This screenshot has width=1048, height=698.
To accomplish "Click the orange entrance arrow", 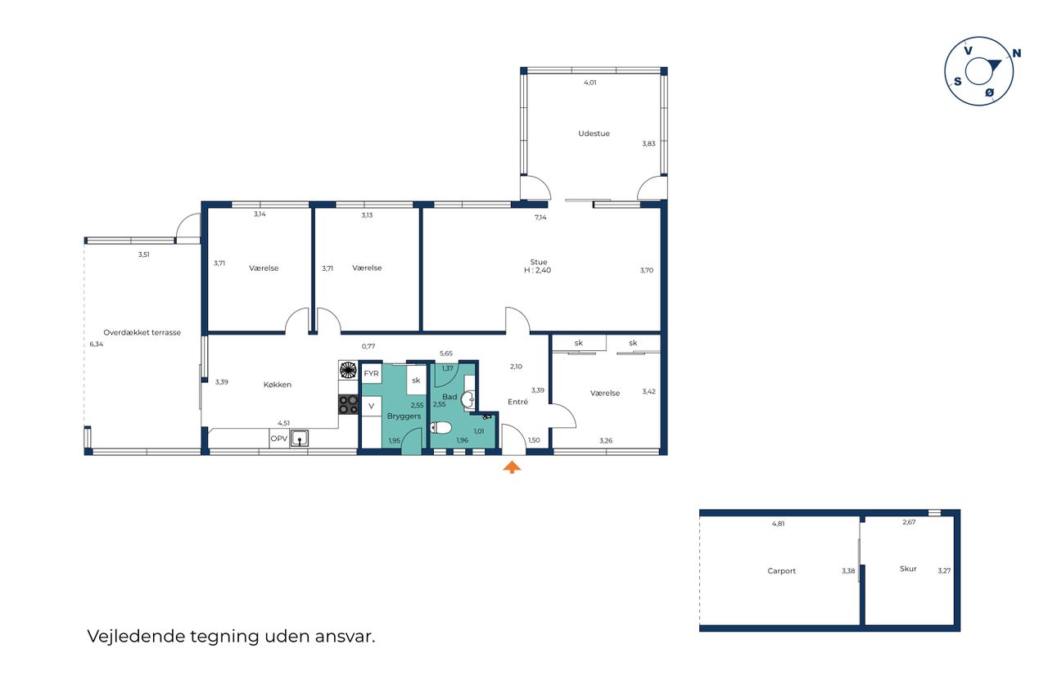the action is click(x=512, y=467).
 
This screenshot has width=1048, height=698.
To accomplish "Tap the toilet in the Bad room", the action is click(x=440, y=427).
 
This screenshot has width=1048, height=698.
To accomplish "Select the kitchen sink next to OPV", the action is click(x=299, y=439).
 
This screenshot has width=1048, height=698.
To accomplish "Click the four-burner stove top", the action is click(x=348, y=404).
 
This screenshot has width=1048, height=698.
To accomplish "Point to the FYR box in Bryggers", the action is click(x=372, y=373).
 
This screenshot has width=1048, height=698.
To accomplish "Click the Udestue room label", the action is click(x=594, y=133).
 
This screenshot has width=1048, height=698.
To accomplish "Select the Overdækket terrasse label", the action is click(x=142, y=332).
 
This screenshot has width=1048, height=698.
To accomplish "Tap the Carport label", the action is click(x=781, y=571).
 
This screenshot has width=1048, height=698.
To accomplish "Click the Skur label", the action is click(x=908, y=569).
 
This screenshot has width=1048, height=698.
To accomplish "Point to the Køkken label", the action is click(x=278, y=385).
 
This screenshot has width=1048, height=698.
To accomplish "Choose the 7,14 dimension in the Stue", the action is click(x=540, y=217).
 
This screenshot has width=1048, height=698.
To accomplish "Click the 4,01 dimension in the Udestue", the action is click(x=590, y=83).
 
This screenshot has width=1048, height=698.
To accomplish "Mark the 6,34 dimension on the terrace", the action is click(x=97, y=344).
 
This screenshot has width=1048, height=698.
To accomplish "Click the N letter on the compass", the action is click(x=1016, y=53).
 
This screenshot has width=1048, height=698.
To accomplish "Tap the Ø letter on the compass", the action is click(x=989, y=92).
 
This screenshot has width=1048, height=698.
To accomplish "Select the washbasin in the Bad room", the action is click(x=468, y=399).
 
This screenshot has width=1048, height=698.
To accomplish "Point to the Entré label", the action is click(x=517, y=402).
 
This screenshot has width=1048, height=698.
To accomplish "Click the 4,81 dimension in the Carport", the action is click(x=778, y=524).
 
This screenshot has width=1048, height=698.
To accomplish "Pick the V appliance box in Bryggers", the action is click(x=372, y=406).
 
